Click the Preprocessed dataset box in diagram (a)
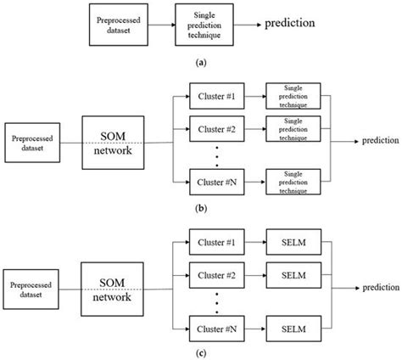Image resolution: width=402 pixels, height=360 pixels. tap(119, 24)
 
